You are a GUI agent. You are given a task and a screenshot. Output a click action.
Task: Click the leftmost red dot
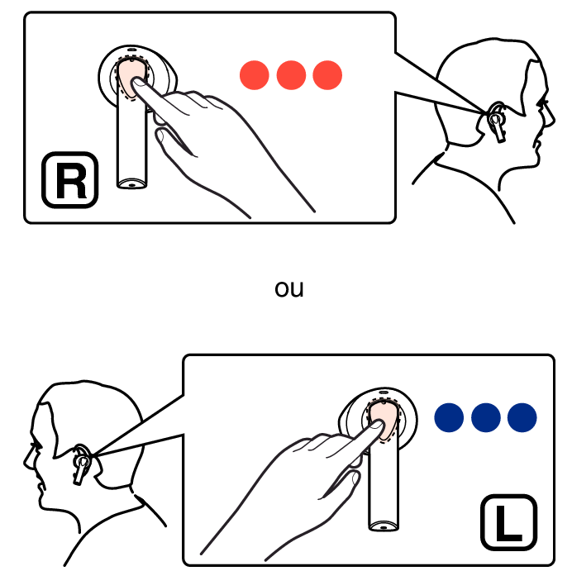[255, 75]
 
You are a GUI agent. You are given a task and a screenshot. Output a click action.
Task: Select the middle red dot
[291, 75]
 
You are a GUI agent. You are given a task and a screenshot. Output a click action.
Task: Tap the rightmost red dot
[327, 75]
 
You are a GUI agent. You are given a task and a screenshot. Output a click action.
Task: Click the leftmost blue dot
[449, 417]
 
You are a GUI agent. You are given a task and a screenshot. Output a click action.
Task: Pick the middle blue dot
[486, 417]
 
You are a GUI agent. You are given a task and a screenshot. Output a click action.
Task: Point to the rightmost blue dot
[522, 417]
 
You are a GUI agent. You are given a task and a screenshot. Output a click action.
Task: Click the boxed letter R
[70, 180]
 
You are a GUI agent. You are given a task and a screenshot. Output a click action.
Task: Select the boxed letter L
[509, 522]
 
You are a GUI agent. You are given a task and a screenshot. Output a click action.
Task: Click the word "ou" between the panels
[289, 289]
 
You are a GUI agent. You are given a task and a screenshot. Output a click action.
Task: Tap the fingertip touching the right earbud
[137, 82]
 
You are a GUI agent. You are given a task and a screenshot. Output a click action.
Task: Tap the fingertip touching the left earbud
[378, 425]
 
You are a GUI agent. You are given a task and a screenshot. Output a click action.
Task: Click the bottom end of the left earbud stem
[383, 526]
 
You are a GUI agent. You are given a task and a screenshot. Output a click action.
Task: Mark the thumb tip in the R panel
[160, 136]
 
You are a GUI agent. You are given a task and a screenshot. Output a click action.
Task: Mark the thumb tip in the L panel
[355, 477]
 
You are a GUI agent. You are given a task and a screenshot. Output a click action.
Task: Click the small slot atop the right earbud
[131, 50]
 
